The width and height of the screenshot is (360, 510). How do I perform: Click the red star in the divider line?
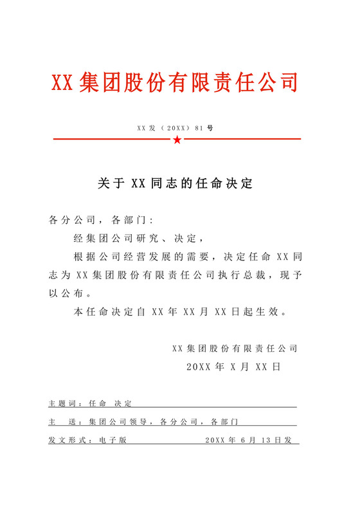point(177,140)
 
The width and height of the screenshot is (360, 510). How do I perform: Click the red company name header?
point(175,83)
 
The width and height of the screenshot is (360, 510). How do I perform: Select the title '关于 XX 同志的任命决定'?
point(175,184)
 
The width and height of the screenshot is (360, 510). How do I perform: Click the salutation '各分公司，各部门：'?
point(98,220)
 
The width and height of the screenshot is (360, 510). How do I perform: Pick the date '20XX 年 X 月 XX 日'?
point(233,367)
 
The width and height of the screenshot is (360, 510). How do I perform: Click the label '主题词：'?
point(66,404)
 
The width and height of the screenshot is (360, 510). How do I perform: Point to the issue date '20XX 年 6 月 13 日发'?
point(248,441)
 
